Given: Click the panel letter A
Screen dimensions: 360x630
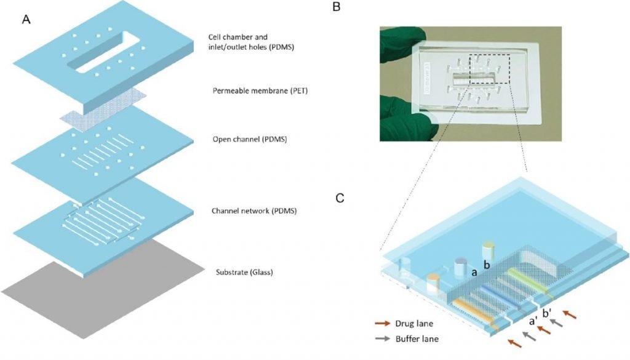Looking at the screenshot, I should coord(26,20).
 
